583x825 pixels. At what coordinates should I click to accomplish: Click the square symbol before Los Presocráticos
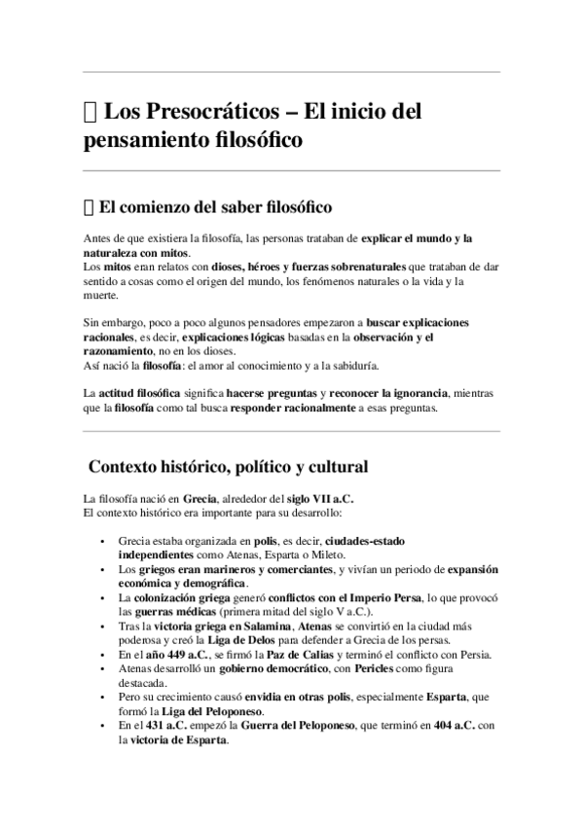(91, 111)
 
